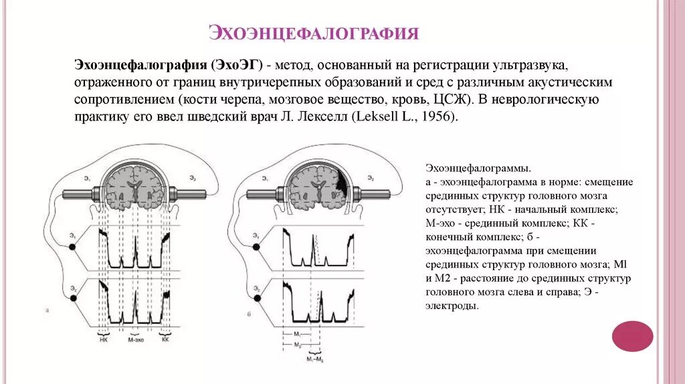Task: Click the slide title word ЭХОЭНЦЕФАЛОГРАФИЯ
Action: pyautogui.click(x=314, y=33)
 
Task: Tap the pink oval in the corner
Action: pyautogui.click(x=632, y=336)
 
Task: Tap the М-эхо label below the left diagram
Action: pyautogui.click(x=136, y=339)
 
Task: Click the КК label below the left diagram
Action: pyautogui.click(x=166, y=339)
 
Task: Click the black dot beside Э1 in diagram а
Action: pyautogui.click(x=74, y=248)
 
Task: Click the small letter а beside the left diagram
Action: pyautogui.click(x=47, y=310)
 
